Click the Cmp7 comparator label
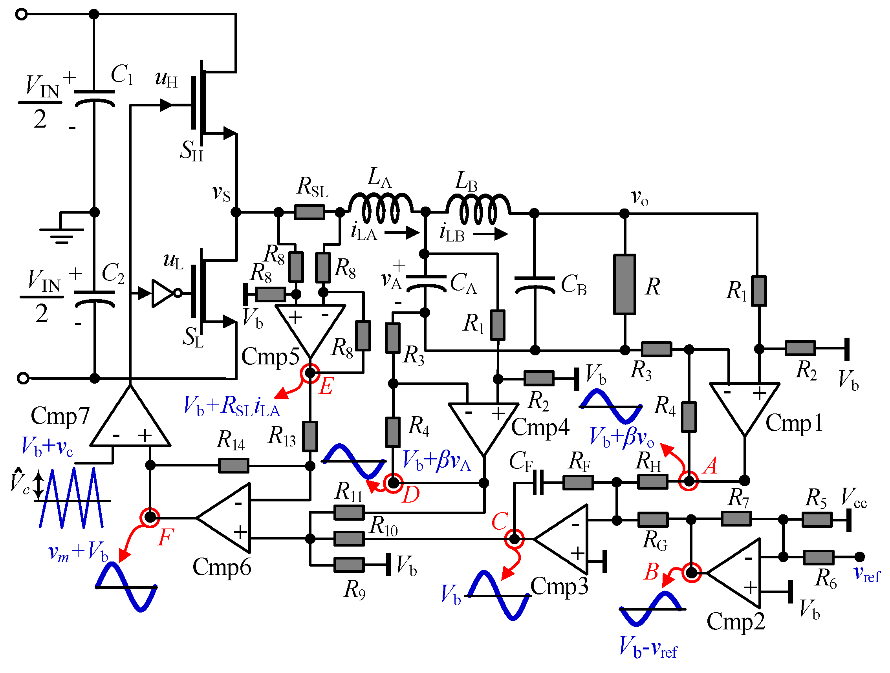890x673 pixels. [x=60, y=415]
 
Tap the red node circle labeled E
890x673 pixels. [x=310, y=373]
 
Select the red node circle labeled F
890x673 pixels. [x=150, y=518]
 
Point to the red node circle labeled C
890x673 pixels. [x=514, y=539]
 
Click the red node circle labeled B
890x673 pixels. [x=691, y=573]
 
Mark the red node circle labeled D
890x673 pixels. [x=393, y=483]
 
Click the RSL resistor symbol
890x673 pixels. [x=309, y=212]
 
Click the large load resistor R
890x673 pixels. [x=624, y=284]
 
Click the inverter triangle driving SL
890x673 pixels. [x=163, y=293]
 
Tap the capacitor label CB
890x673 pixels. [x=574, y=285]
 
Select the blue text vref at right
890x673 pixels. [x=867, y=574]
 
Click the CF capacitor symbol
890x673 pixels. [x=538, y=482]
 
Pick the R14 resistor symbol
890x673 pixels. [x=233, y=466]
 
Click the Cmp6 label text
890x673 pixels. [x=222, y=567]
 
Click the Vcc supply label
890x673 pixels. [x=854, y=498]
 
